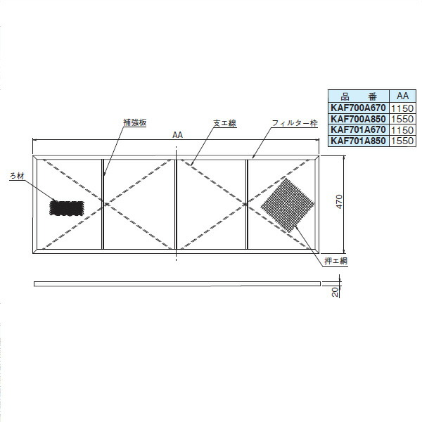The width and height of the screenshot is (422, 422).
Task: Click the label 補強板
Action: coord(134,122)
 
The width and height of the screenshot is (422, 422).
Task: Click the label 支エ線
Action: coord(224,122)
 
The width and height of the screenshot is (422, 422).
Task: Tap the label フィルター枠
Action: coord(292,123)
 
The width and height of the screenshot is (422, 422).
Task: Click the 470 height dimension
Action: coord(338,203)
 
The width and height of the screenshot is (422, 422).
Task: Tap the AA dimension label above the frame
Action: coord(176,138)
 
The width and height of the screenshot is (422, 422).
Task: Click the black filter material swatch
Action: coord(67,208)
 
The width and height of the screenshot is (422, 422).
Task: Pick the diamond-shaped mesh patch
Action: coord(286,203)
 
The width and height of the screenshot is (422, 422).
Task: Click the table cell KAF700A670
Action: coord(358,109)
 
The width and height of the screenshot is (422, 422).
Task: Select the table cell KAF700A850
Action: coord(358,120)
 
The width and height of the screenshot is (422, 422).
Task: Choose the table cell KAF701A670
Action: coord(358,130)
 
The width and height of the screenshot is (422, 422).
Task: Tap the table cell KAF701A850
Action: coord(358,141)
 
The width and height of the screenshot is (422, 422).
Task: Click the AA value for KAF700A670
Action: coord(401,109)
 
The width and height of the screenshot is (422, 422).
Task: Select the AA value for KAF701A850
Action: coord(401,141)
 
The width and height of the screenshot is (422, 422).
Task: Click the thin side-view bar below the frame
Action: coord(176,283)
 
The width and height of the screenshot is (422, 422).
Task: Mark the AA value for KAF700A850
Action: coord(401,120)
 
